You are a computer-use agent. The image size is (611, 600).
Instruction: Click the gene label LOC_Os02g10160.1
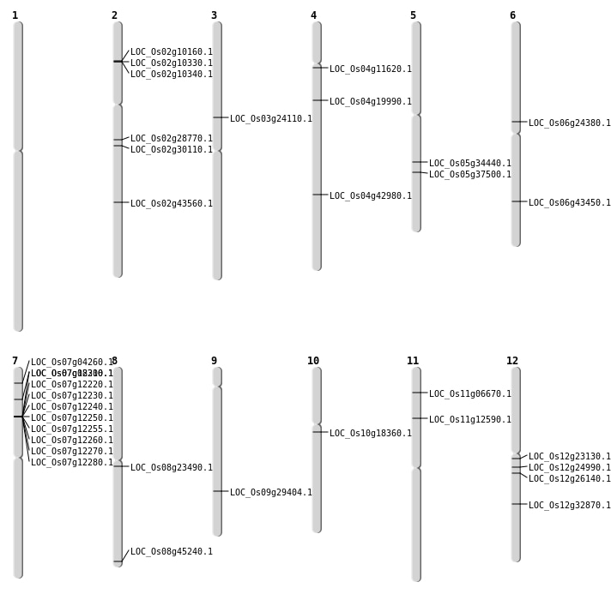(171, 52)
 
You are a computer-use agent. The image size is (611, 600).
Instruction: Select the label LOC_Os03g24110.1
(270, 119)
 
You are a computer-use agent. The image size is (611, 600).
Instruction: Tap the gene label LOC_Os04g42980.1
(370, 196)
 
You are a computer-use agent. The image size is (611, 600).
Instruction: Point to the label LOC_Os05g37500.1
(469, 175)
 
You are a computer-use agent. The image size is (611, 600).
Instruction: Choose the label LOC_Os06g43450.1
(569, 203)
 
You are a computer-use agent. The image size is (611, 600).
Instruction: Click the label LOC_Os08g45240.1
(171, 552)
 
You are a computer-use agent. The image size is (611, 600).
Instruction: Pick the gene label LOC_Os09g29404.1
(270, 493)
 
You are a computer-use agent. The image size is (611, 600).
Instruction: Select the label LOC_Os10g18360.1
(370, 434)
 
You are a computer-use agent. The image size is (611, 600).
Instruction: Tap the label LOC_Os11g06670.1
(469, 394)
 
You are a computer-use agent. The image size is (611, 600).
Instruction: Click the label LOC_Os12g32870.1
(569, 506)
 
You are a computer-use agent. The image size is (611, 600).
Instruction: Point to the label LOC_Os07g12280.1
(71, 463)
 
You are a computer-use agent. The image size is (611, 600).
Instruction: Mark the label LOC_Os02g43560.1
(171, 204)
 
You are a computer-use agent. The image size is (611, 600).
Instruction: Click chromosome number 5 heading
(413, 15)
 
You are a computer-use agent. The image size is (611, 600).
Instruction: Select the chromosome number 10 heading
(313, 361)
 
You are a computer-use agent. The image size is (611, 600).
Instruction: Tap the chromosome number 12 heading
(512, 361)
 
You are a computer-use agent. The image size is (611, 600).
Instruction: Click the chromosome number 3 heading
(214, 15)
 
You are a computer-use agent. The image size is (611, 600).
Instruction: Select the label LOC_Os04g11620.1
(370, 69)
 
